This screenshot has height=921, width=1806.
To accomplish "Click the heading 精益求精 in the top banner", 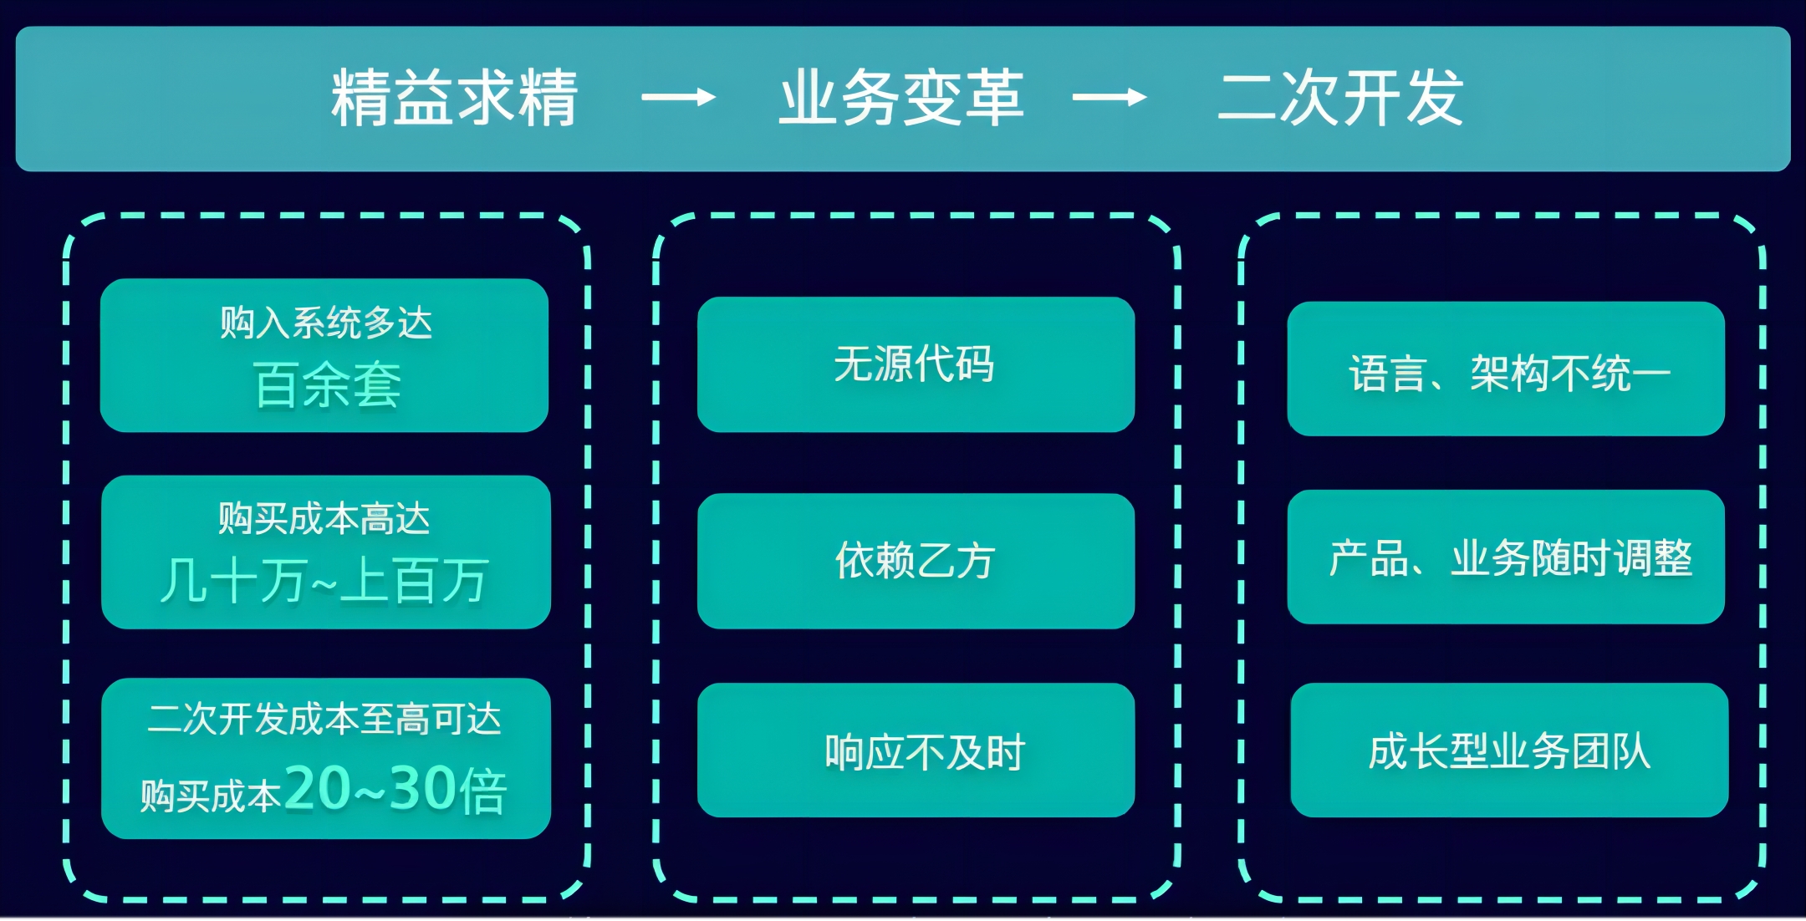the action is pyautogui.click(x=454, y=99).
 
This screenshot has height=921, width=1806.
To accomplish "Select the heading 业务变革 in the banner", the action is pyautogui.click(x=901, y=99).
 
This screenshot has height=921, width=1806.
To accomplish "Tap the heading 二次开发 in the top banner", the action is pyautogui.click(x=1340, y=99).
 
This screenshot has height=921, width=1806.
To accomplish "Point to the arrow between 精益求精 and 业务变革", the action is pyautogui.click(x=678, y=98).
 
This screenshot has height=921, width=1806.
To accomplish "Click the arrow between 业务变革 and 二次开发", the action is pyautogui.click(x=1110, y=98).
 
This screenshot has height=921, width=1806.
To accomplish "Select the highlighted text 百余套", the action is pyautogui.click(x=327, y=385).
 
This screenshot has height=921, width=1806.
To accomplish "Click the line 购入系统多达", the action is pyautogui.click(x=326, y=323).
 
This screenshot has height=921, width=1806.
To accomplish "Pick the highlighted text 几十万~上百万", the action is pyautogui.click(x=324, y=581).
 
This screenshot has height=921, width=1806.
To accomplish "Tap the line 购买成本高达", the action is pyautogui.click(x=324, y=519).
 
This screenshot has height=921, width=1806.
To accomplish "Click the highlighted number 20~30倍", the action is pyautogui.click(x=395, y=790).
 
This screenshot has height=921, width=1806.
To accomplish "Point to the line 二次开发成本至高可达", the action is pyautogui.click(x=324, y=719).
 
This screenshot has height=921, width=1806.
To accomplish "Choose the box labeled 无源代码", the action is pyautogui.click(x=916, y=364).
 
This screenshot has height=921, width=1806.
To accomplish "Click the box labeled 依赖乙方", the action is pyautogui.click(x=916, y=561).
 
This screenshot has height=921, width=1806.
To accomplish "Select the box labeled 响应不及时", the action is pyautogui.click(x=916, y=751).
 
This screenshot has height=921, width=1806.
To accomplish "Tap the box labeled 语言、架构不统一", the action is pyautogui.click(x=1506, y=369).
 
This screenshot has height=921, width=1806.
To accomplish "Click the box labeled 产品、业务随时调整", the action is pyautogui.click(x=1506, y=557).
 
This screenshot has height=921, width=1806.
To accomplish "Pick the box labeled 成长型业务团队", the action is pyautogui.click(x=1509, y=751).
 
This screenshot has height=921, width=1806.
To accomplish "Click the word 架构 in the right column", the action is pyautogui.click(x=1510, y=374).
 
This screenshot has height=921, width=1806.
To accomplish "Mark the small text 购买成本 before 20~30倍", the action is pyautogui.click(x=211, y=796).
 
